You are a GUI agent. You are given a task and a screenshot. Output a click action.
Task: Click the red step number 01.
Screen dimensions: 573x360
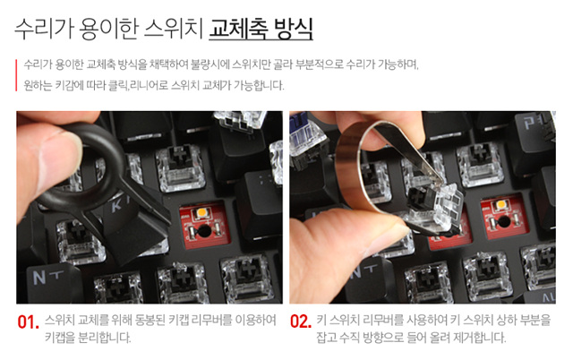28,322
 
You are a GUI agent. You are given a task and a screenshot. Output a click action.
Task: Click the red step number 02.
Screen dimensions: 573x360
301,321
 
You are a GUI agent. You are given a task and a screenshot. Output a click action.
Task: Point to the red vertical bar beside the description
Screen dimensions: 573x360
16,75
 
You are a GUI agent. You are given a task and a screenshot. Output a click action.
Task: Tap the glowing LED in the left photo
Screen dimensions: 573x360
201,212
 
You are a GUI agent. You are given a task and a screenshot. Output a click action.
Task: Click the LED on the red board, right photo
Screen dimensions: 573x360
501,204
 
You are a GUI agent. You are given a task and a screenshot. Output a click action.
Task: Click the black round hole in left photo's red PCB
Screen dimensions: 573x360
204,231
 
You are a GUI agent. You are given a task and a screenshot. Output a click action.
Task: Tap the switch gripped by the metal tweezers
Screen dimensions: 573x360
435,209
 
